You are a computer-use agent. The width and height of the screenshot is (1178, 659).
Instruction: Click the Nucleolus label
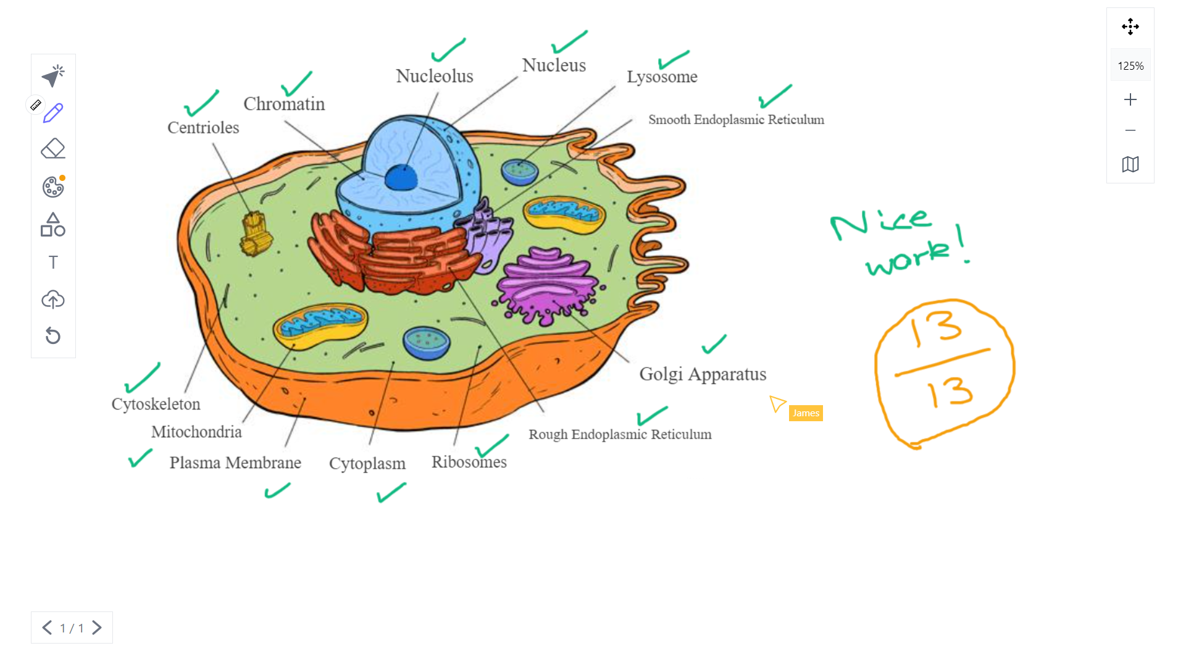[x=434, y=76]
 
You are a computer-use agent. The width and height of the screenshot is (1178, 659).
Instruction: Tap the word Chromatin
[x=284, y=104]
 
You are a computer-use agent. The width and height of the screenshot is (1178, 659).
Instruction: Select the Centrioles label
[x=203, y=127]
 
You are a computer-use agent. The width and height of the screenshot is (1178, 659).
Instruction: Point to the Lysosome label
[x=662, y=77]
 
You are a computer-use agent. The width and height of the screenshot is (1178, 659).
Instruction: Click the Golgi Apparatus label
[x=703, y=374]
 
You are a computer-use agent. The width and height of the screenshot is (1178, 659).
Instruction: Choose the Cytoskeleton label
[x=156, y=404]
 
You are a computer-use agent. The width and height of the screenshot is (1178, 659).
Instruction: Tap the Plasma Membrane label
[x=235, y=463]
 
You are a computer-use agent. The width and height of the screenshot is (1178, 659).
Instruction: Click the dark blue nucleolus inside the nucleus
[x=401, y=178]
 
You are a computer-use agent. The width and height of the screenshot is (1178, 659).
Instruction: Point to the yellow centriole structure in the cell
[x=256, y=233]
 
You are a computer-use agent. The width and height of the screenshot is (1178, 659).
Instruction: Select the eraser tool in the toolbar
[x=53, y=149]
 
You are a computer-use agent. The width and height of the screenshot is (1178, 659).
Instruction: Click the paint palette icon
[x=53, y=187]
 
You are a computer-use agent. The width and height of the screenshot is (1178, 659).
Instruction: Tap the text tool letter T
[x=53, y=262]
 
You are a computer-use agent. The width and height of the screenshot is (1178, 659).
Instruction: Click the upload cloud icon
[x=53, y=300]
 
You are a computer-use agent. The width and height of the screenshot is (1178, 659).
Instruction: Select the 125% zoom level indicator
[x=1130, y=65]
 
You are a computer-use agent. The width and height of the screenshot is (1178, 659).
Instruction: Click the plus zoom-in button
[x=1130, y=99]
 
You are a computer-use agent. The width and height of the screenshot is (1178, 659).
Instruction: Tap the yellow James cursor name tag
[x=805, y=413]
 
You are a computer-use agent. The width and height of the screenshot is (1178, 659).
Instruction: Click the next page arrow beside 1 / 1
[x=97, y=628]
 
